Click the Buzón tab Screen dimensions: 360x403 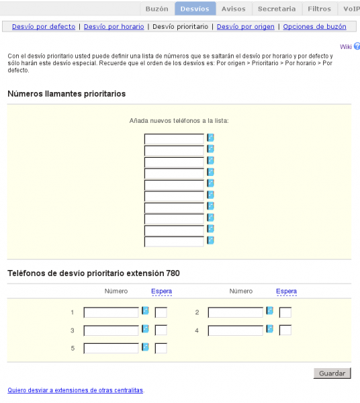point(156,9)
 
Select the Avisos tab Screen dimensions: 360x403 point(234,9)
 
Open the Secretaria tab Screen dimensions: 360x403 point(277,9)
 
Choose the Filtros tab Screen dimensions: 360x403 point(319,9)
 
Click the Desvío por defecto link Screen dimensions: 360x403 point(43,27)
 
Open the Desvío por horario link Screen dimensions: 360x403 point(114,27)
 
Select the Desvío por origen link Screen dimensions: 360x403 point(245,27)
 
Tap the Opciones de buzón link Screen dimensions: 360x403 point(314,27)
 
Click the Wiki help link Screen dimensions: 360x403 point(346,46)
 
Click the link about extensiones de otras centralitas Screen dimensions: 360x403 point(75,390)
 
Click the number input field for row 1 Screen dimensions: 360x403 point(111,312)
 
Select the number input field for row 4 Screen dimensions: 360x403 point(235,330)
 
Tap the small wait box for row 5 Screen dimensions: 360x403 point(161,348)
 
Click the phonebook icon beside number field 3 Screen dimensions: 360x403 point(145,329)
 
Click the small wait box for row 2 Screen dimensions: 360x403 point(285,312)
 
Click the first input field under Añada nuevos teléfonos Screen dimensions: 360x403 point(174,139)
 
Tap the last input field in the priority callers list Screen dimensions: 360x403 point(174,242)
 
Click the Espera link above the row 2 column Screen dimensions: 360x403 point(286,292)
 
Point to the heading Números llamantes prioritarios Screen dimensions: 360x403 point(66,94)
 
